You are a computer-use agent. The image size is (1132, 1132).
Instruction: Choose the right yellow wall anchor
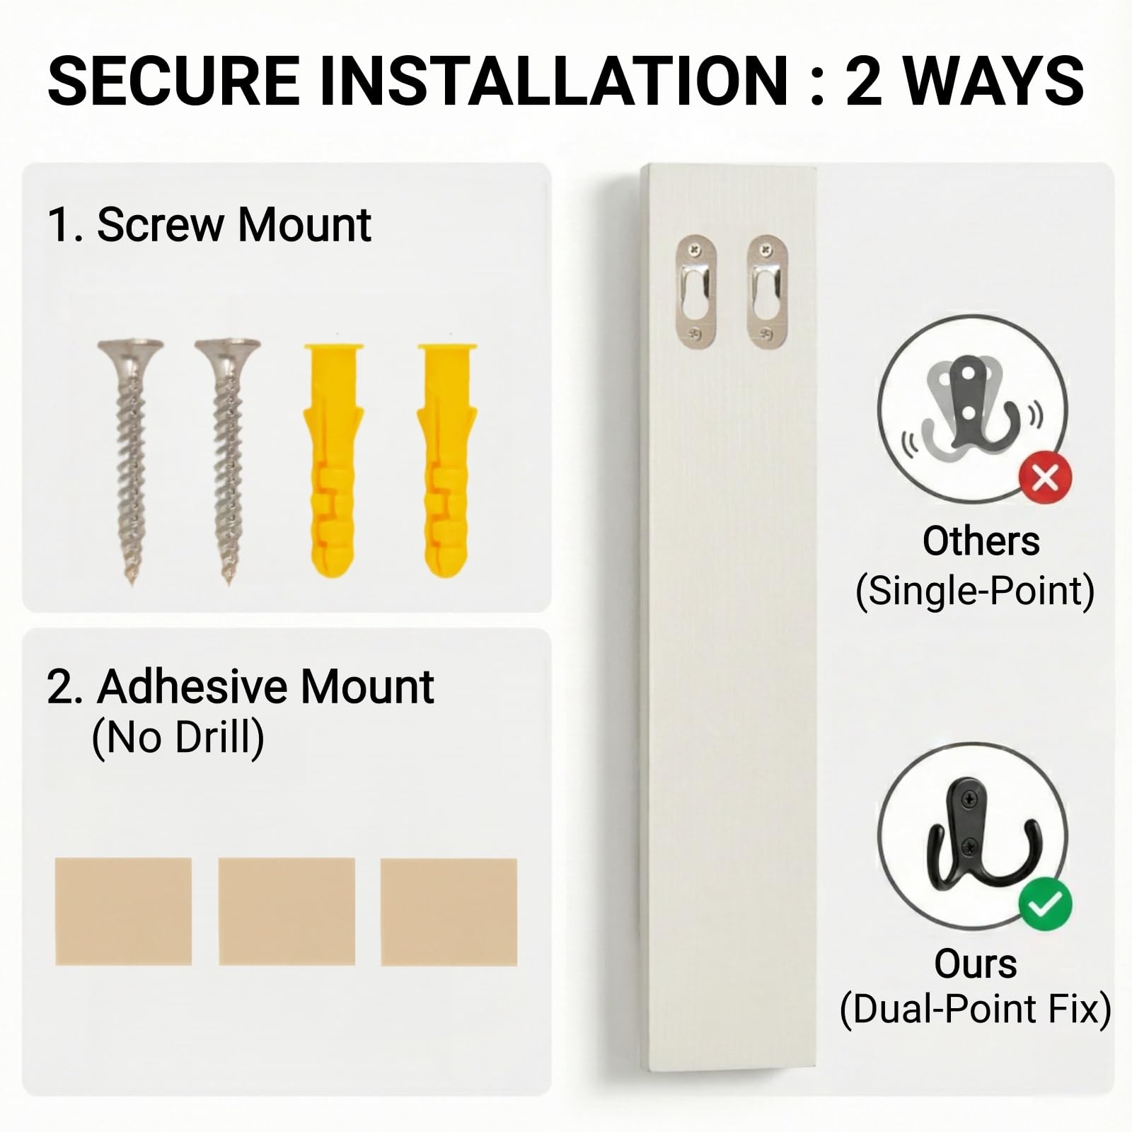pyautogui.click(x=447, y=460)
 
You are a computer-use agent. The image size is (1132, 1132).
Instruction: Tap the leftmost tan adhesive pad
pyautogui.click(x=124, y=911)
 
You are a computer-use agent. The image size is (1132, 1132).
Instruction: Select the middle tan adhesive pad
pyautogui.click(x=287, y=911)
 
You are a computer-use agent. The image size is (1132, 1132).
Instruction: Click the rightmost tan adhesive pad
pyautogui.click(x=449, y=912)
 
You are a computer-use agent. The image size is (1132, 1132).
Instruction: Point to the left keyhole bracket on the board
pyautogui.click(x=697, y=291)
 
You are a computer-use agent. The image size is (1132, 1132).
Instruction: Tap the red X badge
pyautogui.click(x=1046, y=478)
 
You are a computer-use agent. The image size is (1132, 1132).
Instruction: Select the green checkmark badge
pyautogui.click(x=1046, y=903)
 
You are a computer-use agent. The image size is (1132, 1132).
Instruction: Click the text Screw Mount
pyautogui.click(x=234, y=225)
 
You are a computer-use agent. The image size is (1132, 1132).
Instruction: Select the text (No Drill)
pyautogui.click(x=178, y=737)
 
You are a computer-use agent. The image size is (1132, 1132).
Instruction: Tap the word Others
pyautogui.click(x=981, y=541)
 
